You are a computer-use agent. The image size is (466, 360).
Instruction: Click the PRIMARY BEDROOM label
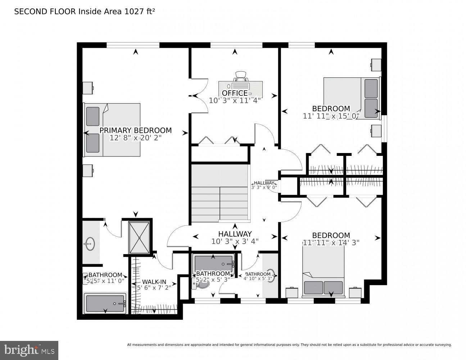pyautogui.click(x=135, y=130)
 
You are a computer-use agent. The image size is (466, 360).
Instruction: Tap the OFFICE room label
pyautogui.click(x=235, y=93)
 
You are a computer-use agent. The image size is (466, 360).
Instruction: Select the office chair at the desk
pyautogui.click(x=241, y=76)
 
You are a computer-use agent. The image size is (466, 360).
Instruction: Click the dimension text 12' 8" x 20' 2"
pyautogui.click(x=135, y=138)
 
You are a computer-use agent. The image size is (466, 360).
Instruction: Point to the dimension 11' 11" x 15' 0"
pyautogui.click(x=331, y=116)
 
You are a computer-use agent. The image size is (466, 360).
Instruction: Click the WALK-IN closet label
pyautogui.click(x=154, y=282)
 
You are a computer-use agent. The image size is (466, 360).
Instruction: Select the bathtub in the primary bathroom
pyautogui.click(x=105, y=303)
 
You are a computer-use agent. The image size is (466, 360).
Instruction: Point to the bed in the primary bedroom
pyautogui.click(x=112, y=130)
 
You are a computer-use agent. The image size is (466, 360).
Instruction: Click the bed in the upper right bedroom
pyautogui.click(x=352, y=98)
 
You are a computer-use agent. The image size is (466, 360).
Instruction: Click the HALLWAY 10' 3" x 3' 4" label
pyautogui.click(x=235, y=238)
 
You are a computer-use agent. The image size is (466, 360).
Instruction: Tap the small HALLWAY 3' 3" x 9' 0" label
pyautogui.click(x=264, y=185)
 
